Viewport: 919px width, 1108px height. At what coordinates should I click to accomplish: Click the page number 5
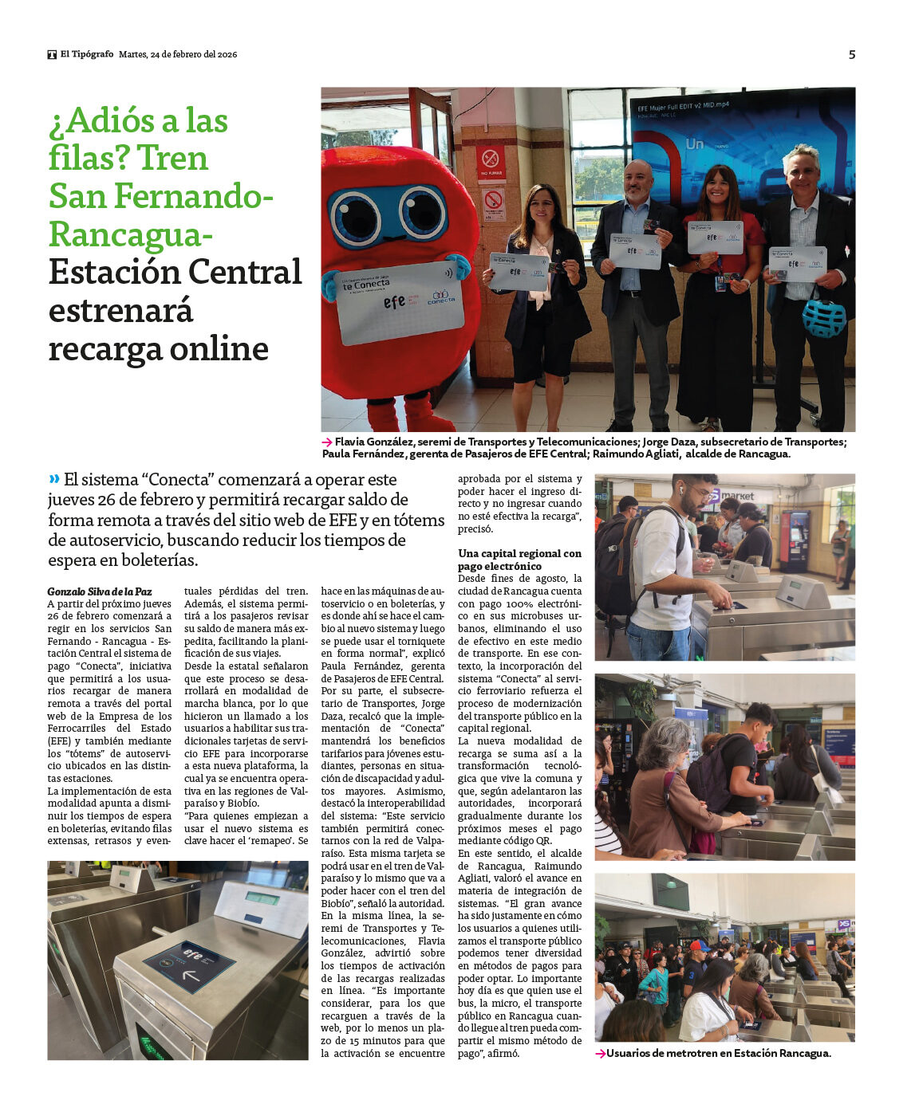(851, 54)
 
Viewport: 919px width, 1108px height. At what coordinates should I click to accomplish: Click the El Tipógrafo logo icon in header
(52, 54)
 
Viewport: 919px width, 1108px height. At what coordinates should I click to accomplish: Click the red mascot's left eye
(355, 217)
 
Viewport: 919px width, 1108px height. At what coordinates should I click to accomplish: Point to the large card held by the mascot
(398, 302)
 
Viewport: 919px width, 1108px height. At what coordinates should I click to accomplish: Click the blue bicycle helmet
(823, 317)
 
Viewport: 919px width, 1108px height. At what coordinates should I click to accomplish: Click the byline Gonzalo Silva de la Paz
(99, 591)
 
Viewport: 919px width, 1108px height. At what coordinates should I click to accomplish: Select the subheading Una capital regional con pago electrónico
(519, 560)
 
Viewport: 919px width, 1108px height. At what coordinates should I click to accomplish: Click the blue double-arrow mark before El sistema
(54, 479)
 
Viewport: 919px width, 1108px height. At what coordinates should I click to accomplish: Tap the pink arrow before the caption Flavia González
(327, 442)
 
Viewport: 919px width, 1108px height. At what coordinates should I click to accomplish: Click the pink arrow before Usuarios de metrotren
(600, 1054)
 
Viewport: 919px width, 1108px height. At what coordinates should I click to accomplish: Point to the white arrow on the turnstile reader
(191, 975)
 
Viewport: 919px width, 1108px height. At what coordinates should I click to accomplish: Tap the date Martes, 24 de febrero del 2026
(178, 54)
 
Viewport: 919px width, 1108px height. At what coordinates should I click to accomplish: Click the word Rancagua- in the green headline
(132, 234)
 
